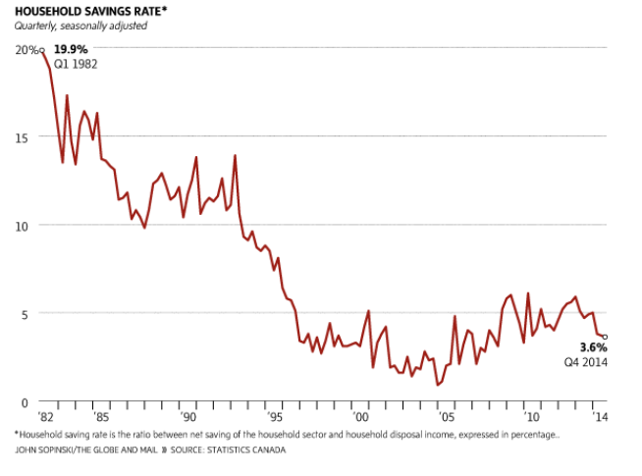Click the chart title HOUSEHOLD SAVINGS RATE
tap(79, 11)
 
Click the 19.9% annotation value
tap(70, 49)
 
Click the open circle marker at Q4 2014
tap(606, 337)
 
